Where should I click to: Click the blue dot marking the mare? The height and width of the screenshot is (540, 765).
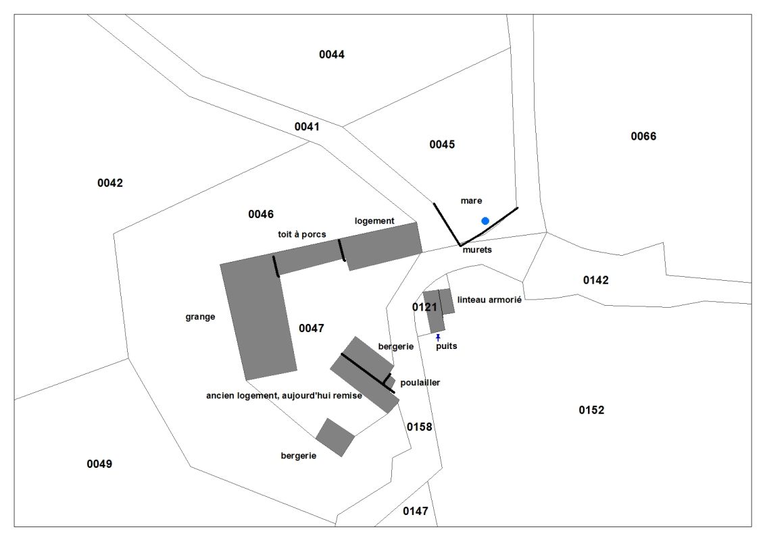(485, 221)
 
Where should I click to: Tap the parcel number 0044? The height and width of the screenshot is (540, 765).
(332, 55)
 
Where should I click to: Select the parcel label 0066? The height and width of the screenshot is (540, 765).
(643, 136)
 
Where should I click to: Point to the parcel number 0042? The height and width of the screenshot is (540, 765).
(110, 183)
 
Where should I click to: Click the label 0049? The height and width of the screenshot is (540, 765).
(99, 464)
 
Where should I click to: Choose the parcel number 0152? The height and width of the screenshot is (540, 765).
(591, 410)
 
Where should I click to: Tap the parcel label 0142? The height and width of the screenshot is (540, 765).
(595, 280)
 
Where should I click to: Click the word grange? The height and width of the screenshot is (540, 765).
(200, 317)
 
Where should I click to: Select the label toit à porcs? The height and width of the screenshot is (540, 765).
(302, 234)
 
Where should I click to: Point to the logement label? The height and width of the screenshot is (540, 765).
(374, 221)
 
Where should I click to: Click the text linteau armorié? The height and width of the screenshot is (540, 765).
(489, 300)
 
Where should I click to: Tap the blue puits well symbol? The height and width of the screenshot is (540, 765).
(438, 337)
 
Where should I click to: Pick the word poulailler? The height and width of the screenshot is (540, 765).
(420, 383)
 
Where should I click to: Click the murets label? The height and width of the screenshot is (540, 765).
(477, 250)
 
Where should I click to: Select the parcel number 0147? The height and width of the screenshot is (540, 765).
(416, 511)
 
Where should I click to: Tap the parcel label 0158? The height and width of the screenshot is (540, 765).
(419, 427)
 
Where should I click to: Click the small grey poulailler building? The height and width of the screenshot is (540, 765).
(390, 383)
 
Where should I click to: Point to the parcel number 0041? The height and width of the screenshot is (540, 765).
(307, 126)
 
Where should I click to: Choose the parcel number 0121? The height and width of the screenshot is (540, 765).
(425, 307)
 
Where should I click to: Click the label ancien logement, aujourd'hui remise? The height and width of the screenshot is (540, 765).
(284, 396)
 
